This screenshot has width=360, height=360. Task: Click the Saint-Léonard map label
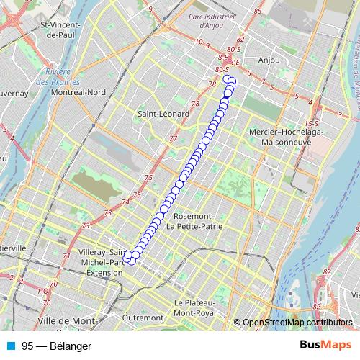163,114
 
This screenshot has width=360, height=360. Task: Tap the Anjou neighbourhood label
269,60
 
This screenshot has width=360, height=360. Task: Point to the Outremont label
143,318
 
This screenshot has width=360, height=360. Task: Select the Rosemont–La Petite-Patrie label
191,221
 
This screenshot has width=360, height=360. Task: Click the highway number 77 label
173,139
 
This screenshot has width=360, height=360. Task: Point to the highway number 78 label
212,84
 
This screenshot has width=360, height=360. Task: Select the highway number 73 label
107,213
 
